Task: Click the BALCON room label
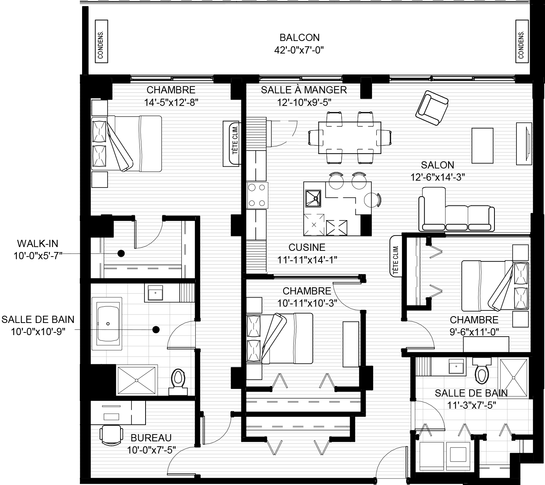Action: click(299, 38)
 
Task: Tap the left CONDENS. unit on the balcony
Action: click(101, 41)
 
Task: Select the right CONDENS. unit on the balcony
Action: click(522, 41)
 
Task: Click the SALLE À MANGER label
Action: click(304, 90)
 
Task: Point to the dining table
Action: click(350, 138)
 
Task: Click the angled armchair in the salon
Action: click(432, 108)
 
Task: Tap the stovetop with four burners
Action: click(257, 195)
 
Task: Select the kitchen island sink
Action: click(313, 198)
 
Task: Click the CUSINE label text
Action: click(307, 247)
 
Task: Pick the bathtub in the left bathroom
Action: click(107, 323)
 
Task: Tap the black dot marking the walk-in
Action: click(121, 254)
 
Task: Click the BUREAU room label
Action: click(151, 438)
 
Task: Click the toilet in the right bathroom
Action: click(482, 371)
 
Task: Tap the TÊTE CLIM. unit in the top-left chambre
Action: click(231, 143)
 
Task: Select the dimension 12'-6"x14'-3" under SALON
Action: click(438, 177)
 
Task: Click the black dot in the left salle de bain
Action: click(156, 330)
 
